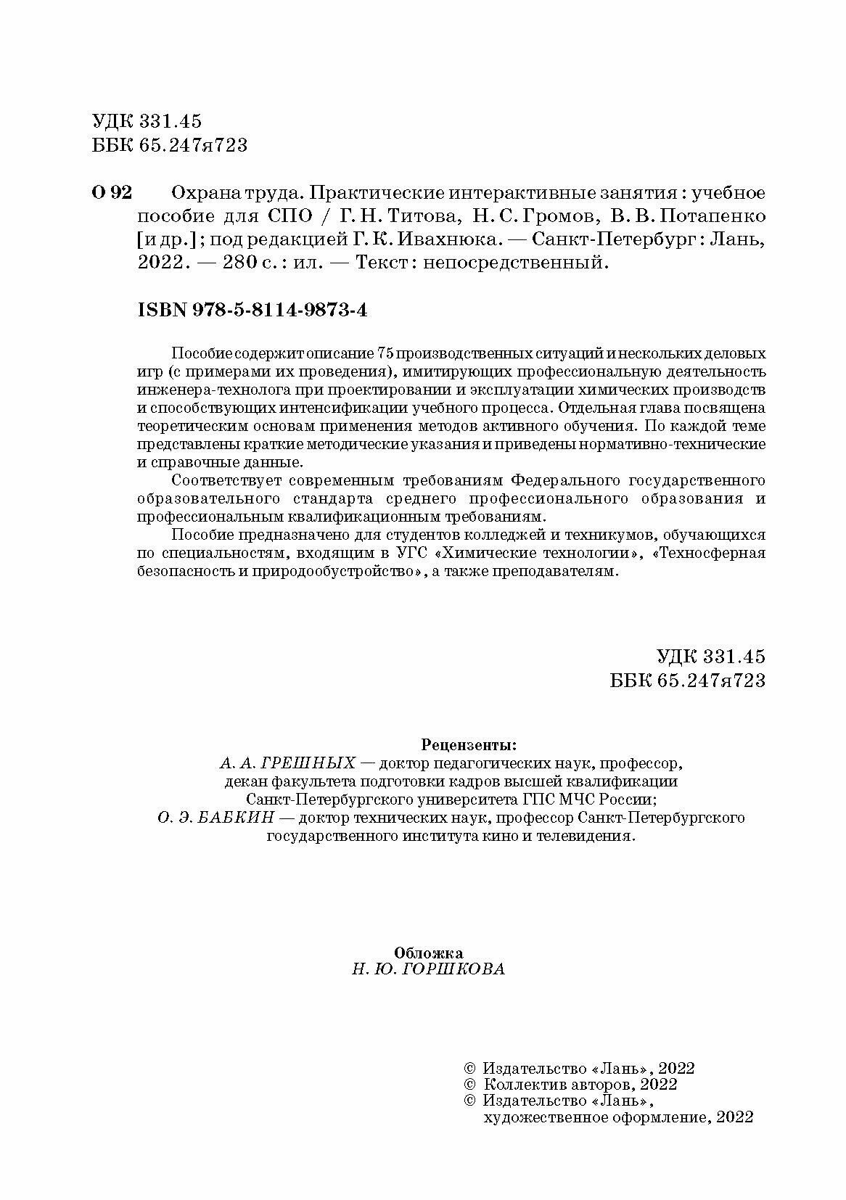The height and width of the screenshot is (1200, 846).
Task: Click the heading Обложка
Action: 428,952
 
